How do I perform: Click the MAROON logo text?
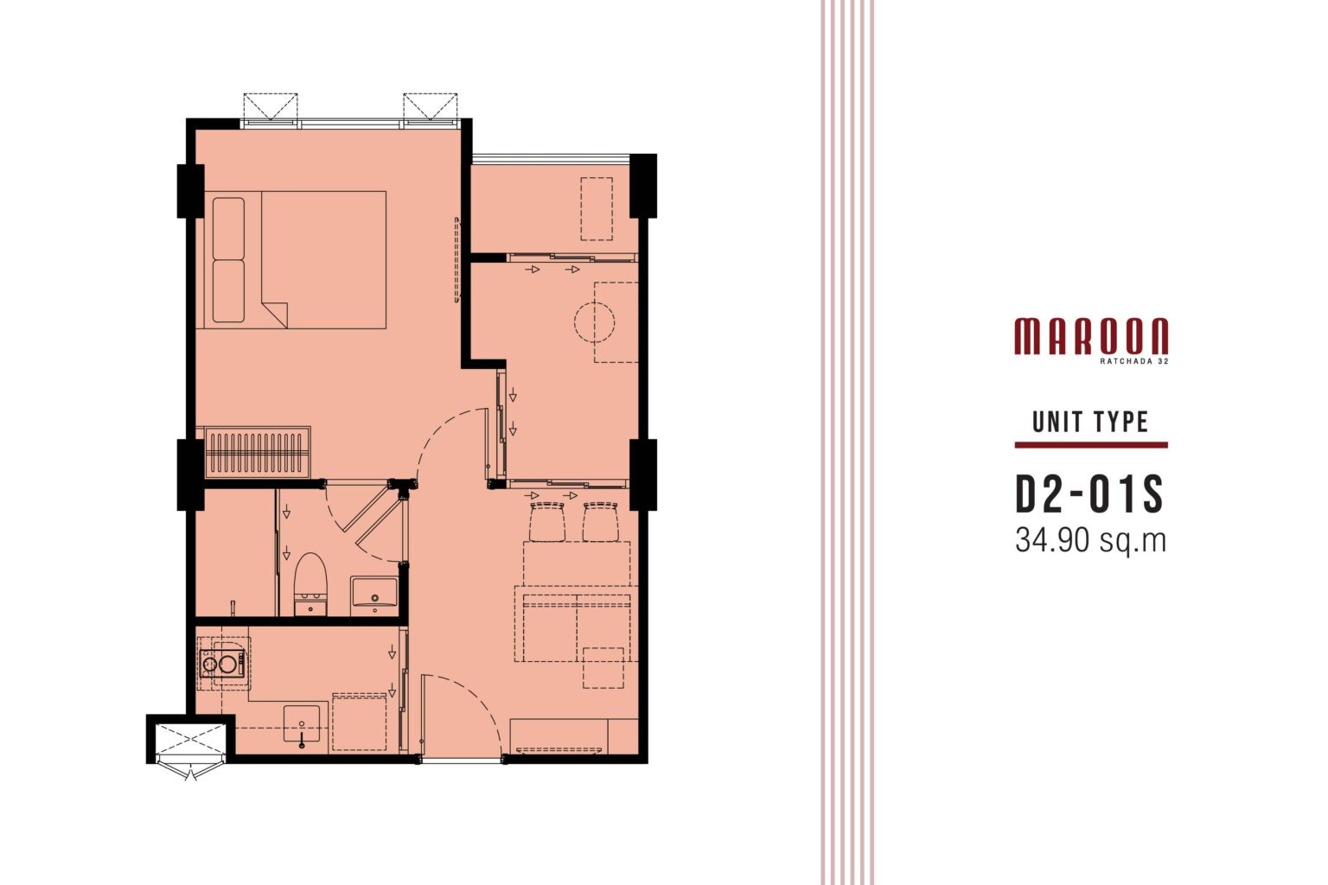(x=1091, y=336)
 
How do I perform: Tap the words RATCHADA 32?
(x=1134, y=360)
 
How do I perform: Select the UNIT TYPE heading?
(x=1091, y=422)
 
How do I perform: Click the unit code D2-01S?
(x=1089, y=494)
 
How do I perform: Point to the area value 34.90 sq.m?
(x=1091, y=541)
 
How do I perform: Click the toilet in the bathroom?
(x=310, y=584)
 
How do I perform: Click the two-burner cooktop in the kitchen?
(x=222, y=664)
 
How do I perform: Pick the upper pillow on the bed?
(x=228, y=228)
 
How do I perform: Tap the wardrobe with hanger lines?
(x=258, y=452)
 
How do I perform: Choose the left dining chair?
(x=546, y=521)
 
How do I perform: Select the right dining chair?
(x=600, y=521)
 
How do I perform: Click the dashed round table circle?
(x=594, y=322)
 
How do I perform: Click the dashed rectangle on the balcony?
(x=597, y=208)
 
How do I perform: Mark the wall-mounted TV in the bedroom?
(x=456, y=259)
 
